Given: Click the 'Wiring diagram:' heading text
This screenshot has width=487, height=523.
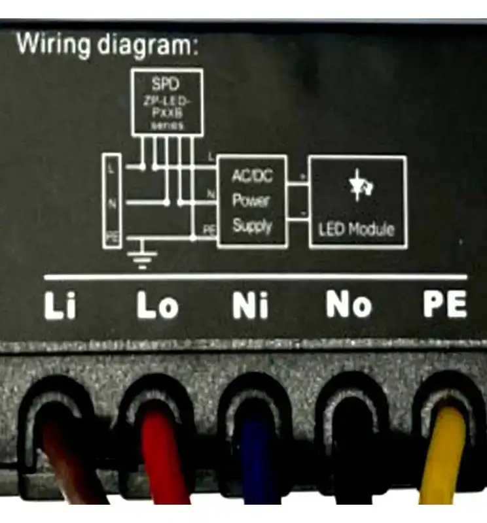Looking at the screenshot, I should point(107,45).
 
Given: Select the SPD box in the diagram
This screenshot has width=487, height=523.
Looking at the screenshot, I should point(166,102).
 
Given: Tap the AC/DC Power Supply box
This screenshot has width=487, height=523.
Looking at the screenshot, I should point(252,201).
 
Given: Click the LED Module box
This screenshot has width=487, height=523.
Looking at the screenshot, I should point(357,201).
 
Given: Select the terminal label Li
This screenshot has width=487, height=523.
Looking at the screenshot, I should point(60,306).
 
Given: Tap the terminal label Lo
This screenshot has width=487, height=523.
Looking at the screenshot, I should point(157,306).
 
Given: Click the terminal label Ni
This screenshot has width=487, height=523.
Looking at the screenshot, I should point(251,306).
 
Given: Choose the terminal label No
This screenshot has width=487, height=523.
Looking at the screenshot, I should point(349,305).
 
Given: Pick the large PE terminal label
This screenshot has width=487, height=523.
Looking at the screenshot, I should point(444,305).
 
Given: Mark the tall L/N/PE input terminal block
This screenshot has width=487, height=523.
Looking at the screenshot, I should point(112,201).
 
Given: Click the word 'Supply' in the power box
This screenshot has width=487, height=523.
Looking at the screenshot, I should point(252,227).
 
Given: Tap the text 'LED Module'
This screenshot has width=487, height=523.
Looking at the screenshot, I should point(357,229).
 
